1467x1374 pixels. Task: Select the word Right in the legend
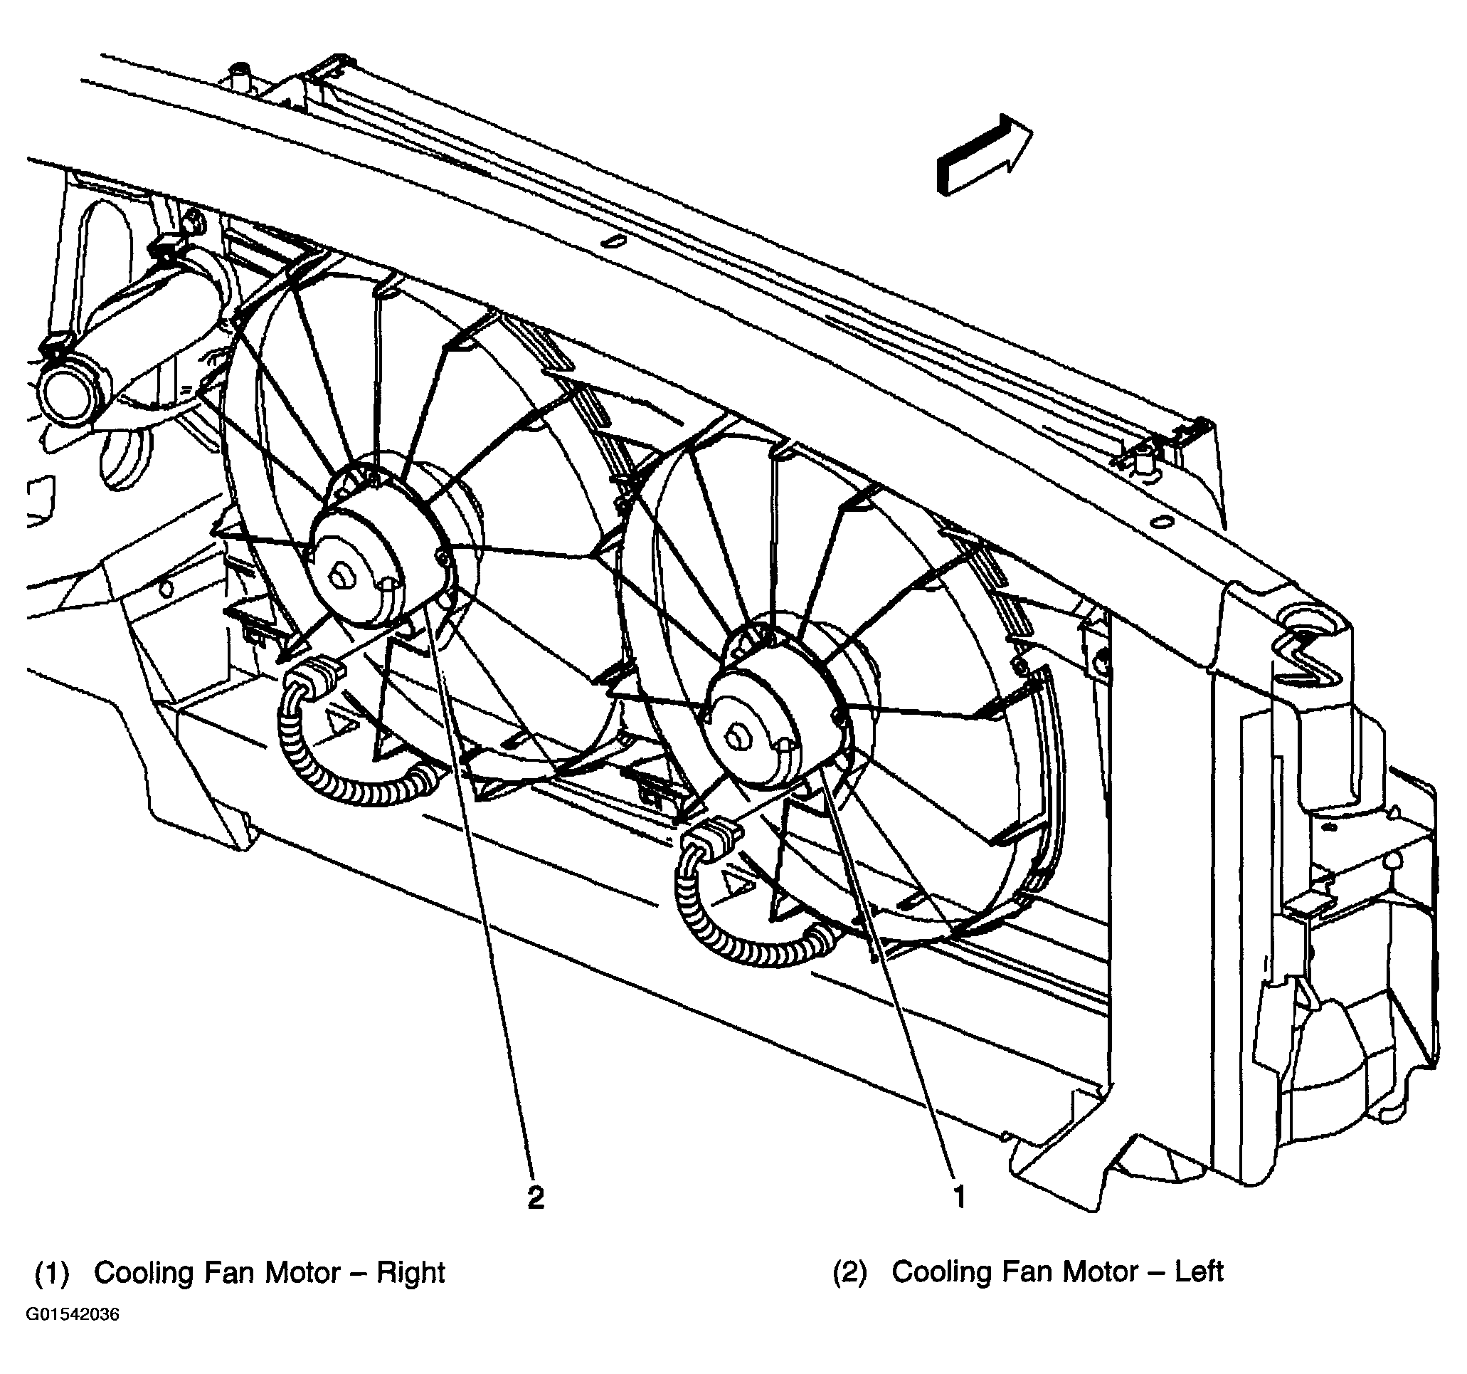coord(411,1273)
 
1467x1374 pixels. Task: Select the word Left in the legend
coord(1198,1271)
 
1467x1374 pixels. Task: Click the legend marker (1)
coord(53,1274)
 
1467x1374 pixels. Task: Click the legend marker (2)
coord(850,1272)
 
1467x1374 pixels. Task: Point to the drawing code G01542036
coord(73,1315)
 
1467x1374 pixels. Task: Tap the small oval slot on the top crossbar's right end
coord(1164,521)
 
